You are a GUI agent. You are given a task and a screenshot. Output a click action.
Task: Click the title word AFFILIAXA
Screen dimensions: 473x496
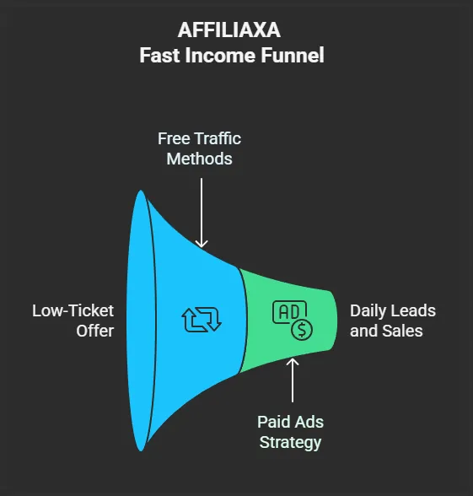click(229, 30)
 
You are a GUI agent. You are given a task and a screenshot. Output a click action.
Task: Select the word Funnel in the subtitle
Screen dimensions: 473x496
click(293, 56)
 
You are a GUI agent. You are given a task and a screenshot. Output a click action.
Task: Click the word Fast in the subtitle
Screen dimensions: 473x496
click(159, 56)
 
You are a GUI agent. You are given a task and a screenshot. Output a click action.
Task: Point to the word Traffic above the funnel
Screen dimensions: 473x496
click(218, 138)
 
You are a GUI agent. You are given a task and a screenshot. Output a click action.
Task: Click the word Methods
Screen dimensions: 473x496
click(200, 159)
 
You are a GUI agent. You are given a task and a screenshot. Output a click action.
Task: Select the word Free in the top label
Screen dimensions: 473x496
click(174, 138)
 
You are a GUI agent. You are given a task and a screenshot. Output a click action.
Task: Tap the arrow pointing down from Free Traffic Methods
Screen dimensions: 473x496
click(202, 213)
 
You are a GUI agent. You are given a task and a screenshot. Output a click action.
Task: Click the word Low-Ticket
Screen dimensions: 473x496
click(73, 310)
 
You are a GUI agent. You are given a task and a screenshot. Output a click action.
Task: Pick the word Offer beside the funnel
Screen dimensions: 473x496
click(94, 331)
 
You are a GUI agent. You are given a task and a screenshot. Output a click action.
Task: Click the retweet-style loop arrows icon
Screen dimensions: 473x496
click(202, 320)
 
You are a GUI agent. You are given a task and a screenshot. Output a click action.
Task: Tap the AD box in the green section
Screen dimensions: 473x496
click(289, 312)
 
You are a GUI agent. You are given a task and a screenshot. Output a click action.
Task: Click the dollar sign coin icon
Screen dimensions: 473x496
click(302, 330)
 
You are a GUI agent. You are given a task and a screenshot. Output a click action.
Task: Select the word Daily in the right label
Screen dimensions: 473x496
click(368, 311)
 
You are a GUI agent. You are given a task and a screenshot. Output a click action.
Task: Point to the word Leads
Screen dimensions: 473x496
click(414, 310)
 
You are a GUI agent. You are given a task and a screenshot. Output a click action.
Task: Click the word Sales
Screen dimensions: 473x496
click(402, 331)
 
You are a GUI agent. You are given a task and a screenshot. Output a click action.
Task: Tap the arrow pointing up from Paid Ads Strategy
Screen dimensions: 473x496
click(293, 380)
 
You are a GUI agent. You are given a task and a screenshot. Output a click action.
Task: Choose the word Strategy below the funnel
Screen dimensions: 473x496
click(290, 443)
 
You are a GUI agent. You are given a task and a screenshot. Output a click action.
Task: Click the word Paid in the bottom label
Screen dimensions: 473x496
click(272, 422)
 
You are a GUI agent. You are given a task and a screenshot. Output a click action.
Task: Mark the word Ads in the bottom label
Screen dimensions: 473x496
click(308, 422)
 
